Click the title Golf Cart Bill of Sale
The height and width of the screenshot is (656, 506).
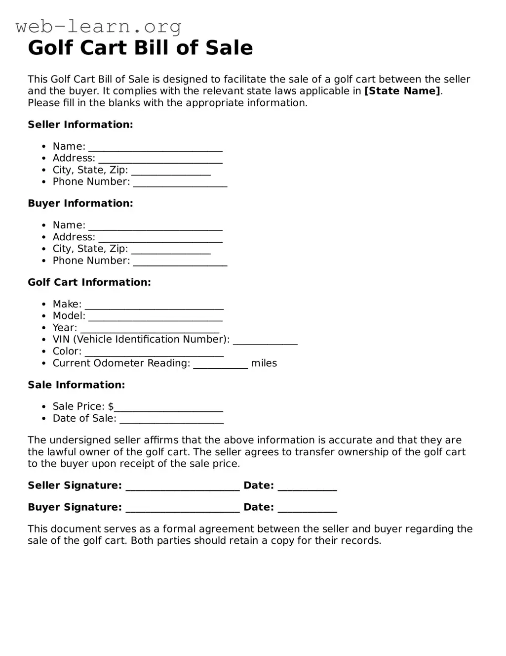tap(140, 48)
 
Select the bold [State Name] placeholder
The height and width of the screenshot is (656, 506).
tap(402, 91)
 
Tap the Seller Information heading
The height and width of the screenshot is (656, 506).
tap(80, 125)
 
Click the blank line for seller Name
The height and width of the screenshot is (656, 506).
tap(155, 148)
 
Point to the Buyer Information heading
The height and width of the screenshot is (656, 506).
tap(80, 203)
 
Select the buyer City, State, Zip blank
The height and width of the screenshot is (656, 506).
tap(171, 251)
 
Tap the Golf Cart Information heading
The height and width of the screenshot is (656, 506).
tap(89, 282)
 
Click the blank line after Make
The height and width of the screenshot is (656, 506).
tap(154, 306)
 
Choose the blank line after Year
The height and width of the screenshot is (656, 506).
tap(150, 330)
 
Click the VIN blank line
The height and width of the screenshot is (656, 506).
tap(265, 341)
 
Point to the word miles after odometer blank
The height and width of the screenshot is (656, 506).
tap(264, 363)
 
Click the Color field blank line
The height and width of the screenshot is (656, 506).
tap(154, 353)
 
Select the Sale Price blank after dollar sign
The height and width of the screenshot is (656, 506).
tap(168, 408)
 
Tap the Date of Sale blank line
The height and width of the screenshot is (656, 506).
tap(171, 420)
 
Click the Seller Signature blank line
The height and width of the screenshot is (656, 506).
tap(183, 487)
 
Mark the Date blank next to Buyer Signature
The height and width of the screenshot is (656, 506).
tap(307, 509)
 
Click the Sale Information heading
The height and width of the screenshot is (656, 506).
tap(76, 385)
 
